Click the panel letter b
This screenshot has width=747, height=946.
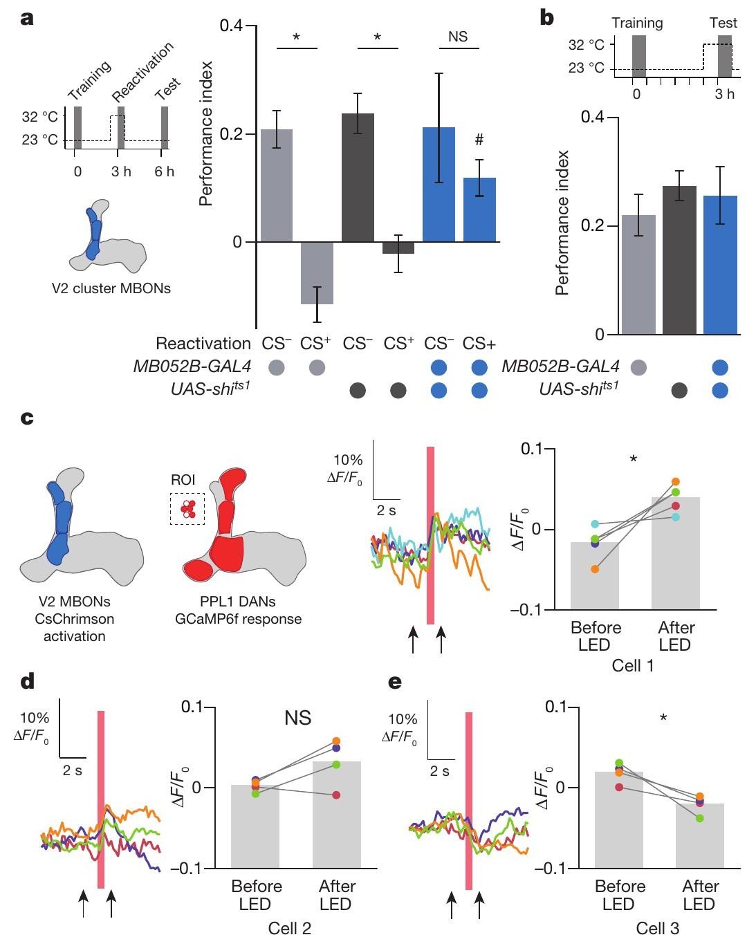coord(546,19)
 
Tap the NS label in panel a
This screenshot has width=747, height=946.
coord(458,37)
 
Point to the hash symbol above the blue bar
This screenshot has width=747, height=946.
coord(479,140)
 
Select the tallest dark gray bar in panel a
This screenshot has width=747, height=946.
coord(358,178)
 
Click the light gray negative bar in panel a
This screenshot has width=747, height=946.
coord(317,273)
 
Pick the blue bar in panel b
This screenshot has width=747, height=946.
coord(720,265)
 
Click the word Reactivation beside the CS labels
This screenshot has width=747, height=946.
coord(203,343)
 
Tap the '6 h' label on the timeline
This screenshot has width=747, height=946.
coord(165,171)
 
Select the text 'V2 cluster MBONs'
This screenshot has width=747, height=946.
coord(111,288)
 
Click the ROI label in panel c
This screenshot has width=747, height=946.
coord(183,480)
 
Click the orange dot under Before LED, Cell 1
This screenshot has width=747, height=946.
coord(595,569)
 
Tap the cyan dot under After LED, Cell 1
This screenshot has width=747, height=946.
coord(676,517)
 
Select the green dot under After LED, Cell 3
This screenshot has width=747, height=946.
coord(699,818)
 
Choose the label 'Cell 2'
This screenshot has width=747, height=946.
coord(290,929)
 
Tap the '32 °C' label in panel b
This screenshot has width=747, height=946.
coord(587,45)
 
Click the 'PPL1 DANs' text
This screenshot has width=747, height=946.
coord(238,601)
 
